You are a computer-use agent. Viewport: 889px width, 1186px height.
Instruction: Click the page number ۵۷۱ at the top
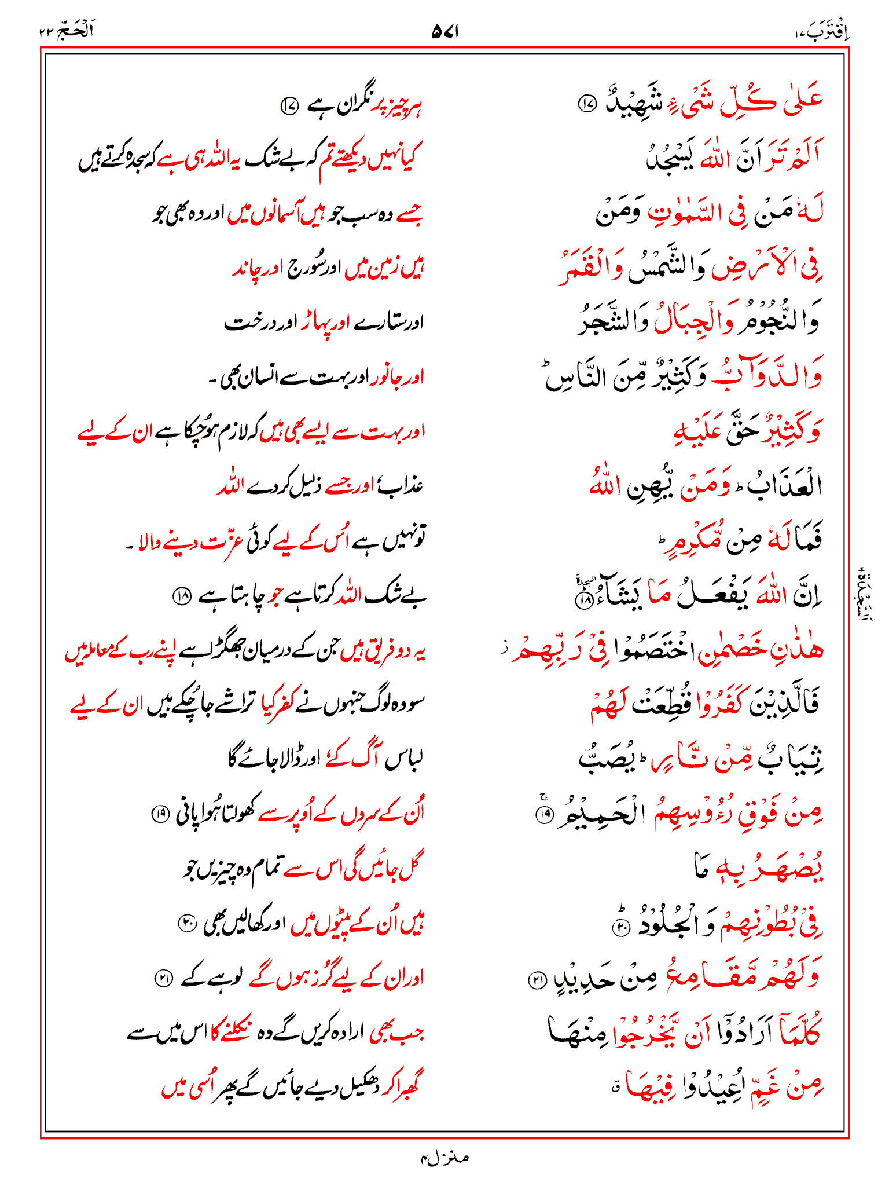pos(444,32)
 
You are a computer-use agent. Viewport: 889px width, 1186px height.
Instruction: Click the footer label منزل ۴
pos(444,1158)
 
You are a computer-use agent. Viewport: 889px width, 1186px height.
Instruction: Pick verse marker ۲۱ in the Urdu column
pos(163,978)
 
